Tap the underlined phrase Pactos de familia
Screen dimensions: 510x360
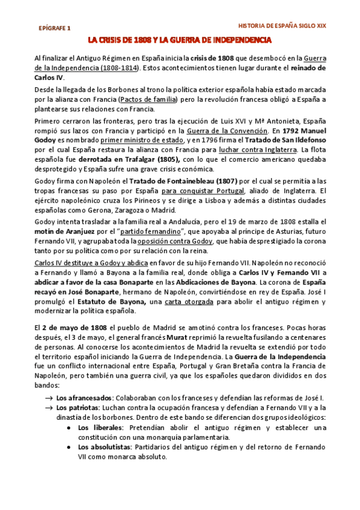148,99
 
